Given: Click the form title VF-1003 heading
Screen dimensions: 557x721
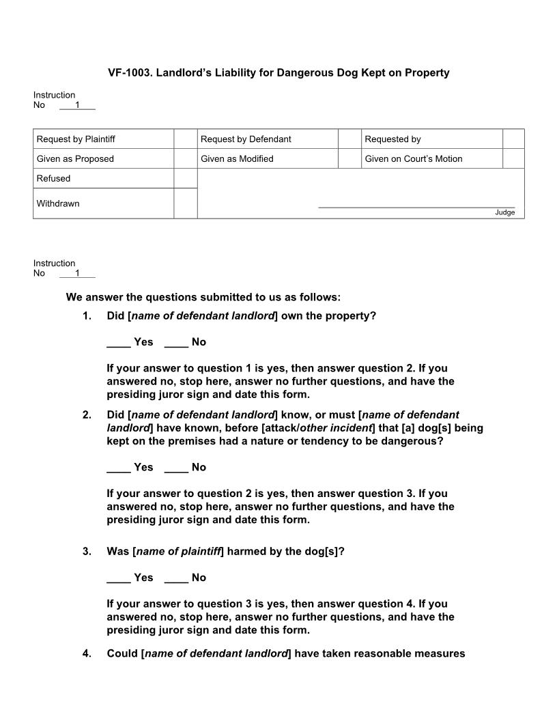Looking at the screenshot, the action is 278,72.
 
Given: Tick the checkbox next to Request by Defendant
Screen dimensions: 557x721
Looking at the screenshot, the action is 349,139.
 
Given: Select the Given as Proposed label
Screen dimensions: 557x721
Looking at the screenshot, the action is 75,159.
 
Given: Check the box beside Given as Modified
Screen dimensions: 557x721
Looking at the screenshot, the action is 349,159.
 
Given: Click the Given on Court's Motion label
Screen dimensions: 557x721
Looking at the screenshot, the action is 413,159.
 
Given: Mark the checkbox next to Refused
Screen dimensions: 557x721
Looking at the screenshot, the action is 185,178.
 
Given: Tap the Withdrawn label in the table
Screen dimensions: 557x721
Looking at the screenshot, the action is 58,203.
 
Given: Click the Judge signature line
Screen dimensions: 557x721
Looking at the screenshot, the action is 416,206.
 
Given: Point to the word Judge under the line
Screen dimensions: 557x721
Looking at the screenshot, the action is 505,212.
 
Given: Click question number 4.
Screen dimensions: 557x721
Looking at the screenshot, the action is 87,653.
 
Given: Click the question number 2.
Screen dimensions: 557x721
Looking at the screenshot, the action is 87,414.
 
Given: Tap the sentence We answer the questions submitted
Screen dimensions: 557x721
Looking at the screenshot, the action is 203,297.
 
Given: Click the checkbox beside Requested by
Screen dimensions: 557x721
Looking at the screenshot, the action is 513,139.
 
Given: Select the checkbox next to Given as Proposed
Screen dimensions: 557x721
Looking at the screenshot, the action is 185,159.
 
